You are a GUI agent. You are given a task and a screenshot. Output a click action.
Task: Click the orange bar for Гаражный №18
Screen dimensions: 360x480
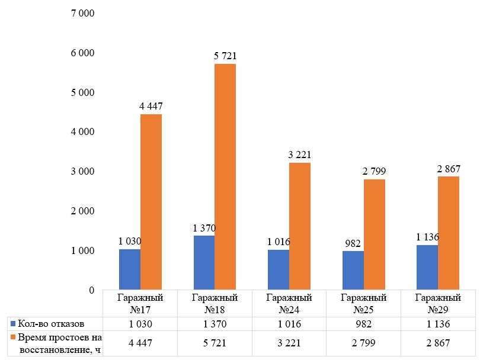click(225, 177)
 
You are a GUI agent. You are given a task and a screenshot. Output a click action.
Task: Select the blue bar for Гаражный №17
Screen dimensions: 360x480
click(130, 269)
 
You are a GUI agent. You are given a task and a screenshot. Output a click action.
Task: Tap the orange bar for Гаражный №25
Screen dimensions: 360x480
click(375, 234)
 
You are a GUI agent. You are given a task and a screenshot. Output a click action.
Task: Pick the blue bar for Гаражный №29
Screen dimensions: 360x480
click(427, 268)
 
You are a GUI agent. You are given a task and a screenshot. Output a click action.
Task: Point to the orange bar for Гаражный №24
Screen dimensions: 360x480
click(300, 226)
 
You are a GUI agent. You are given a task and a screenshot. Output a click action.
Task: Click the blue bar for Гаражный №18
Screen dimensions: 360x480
click(204, 263)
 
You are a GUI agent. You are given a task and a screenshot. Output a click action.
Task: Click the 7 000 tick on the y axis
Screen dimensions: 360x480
click(82, 13)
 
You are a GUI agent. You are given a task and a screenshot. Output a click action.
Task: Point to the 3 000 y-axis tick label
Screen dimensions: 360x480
click(82, 171)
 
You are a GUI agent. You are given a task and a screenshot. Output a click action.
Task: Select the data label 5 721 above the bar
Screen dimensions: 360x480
click(225, 56)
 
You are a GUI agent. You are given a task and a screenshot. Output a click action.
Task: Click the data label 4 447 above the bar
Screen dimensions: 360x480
click(151, 107)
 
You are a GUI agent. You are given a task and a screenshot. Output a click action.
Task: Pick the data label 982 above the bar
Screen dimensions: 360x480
click(353, 243)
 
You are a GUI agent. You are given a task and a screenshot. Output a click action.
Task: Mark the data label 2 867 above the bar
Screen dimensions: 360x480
click(449, 169)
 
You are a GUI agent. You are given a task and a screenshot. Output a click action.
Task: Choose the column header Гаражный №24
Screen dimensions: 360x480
click(289, 303)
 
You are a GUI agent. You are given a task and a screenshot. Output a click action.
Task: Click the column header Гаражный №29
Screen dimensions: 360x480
click(438, 303)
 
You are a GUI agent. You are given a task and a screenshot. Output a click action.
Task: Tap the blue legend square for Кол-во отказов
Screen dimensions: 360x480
click(13, 324)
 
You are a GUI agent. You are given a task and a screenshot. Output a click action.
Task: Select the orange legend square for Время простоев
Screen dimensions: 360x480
click(13, 337)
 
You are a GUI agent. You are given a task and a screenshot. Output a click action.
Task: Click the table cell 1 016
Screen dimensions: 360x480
click(289, 324)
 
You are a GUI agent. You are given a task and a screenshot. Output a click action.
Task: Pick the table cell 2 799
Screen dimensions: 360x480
click(364, 343)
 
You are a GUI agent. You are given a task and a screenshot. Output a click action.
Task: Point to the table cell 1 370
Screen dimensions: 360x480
click(215, 324)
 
